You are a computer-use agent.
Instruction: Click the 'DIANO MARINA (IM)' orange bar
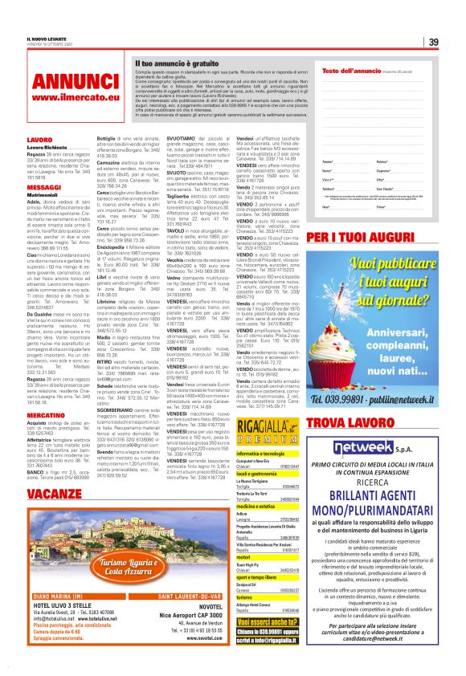pyautogui.click(x=57, y=596)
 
